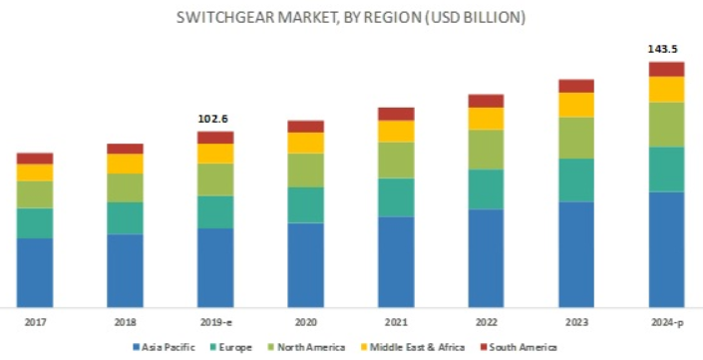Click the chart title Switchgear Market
tap(351, 18)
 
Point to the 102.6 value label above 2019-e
tap(215, 118)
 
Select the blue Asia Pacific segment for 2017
tap(35, 271)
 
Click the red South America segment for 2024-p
tap(666, 69)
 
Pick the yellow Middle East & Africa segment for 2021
tap(396, 131)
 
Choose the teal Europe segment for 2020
tap(306, 204)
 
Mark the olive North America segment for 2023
tap(576, 138)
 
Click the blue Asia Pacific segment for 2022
tap(486, 257)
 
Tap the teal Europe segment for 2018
tap(125, 217)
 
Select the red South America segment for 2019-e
tap(215, 138)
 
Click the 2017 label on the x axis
tap(35, 322)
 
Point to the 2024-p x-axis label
tap(666, 322)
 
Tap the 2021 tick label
tap(396, 322)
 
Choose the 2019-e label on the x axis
tap(215, 322)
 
